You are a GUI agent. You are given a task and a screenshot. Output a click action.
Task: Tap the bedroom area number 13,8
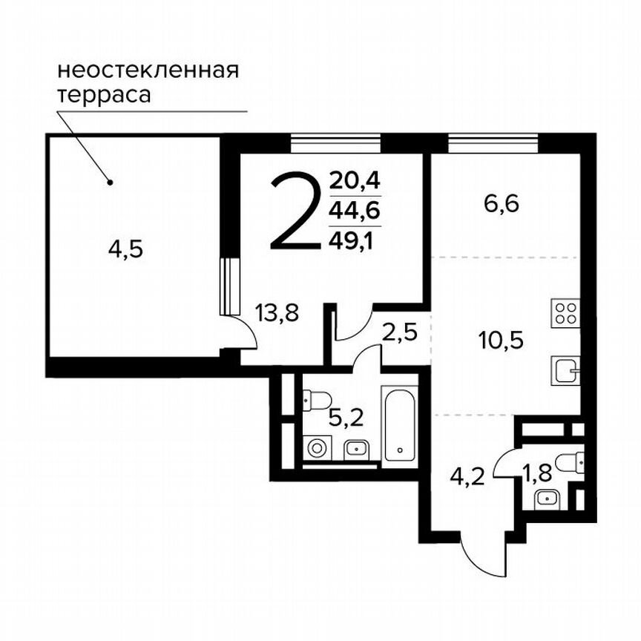point(277,314)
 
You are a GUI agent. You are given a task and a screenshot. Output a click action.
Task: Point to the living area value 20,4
point(354,180)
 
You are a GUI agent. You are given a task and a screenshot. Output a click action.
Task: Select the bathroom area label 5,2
point(346,420)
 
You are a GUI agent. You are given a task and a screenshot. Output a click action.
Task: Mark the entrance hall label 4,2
point(467,474)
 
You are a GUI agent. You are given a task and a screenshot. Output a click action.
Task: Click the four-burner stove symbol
point(565,312)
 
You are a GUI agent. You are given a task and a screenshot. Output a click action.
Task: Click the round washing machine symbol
point(318,449)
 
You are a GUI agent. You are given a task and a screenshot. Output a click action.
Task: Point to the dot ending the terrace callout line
point(110,182)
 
